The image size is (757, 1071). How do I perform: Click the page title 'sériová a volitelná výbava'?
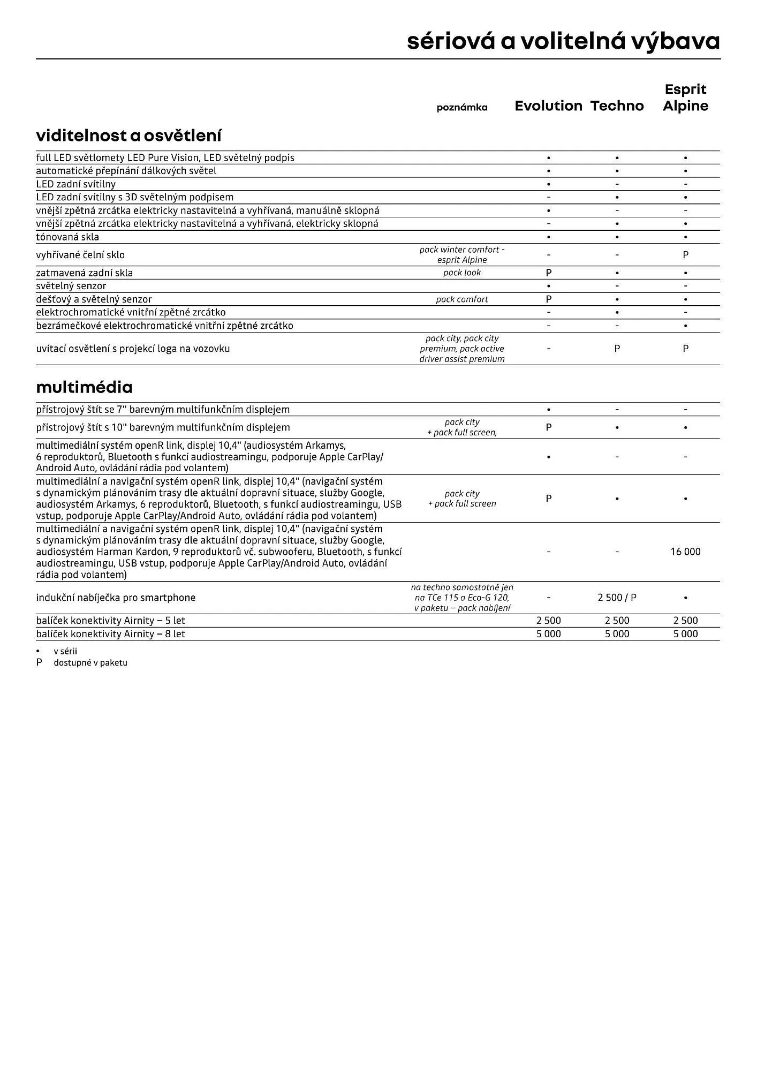click(563, 41)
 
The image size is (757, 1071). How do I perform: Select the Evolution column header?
click(548, 106)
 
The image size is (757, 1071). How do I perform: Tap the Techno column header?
click(617, 106)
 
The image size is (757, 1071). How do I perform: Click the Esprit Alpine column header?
click(685, 97)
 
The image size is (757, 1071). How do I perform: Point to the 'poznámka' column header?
click(462, 108)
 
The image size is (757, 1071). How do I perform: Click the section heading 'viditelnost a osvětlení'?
click(128, 135)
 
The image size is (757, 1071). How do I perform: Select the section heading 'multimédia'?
click(84, 387)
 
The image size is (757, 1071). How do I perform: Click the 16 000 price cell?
click(685, 552)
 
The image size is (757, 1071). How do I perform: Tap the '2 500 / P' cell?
click(617, 598)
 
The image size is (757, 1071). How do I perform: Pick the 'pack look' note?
click(462, 273)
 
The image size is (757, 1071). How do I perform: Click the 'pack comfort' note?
click(462, 299)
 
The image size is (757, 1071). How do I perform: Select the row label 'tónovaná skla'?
click(67, 237)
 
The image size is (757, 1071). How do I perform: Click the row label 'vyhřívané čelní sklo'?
click(80, 255)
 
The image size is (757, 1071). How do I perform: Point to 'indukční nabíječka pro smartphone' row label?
click(116, 598)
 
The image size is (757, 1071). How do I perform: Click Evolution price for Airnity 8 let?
click(548, 634)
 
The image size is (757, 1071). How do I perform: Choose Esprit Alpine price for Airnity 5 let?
click(685, 621)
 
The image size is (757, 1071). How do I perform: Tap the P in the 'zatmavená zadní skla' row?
click(548, 273)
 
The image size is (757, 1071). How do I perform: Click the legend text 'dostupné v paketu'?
click(90, 663)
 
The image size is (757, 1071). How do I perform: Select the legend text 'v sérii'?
click(65, 652)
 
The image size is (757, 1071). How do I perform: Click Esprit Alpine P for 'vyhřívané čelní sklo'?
click(685, 255)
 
